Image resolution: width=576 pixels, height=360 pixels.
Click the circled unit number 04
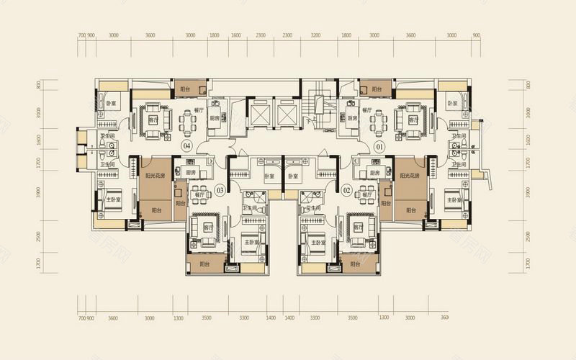186,146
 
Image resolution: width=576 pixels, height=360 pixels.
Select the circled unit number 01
379,146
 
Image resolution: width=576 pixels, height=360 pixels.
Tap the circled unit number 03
220,190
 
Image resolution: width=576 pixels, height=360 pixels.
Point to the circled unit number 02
346,190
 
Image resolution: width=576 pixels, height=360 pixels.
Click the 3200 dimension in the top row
315,35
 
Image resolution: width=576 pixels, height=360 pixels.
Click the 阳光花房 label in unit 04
156,175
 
